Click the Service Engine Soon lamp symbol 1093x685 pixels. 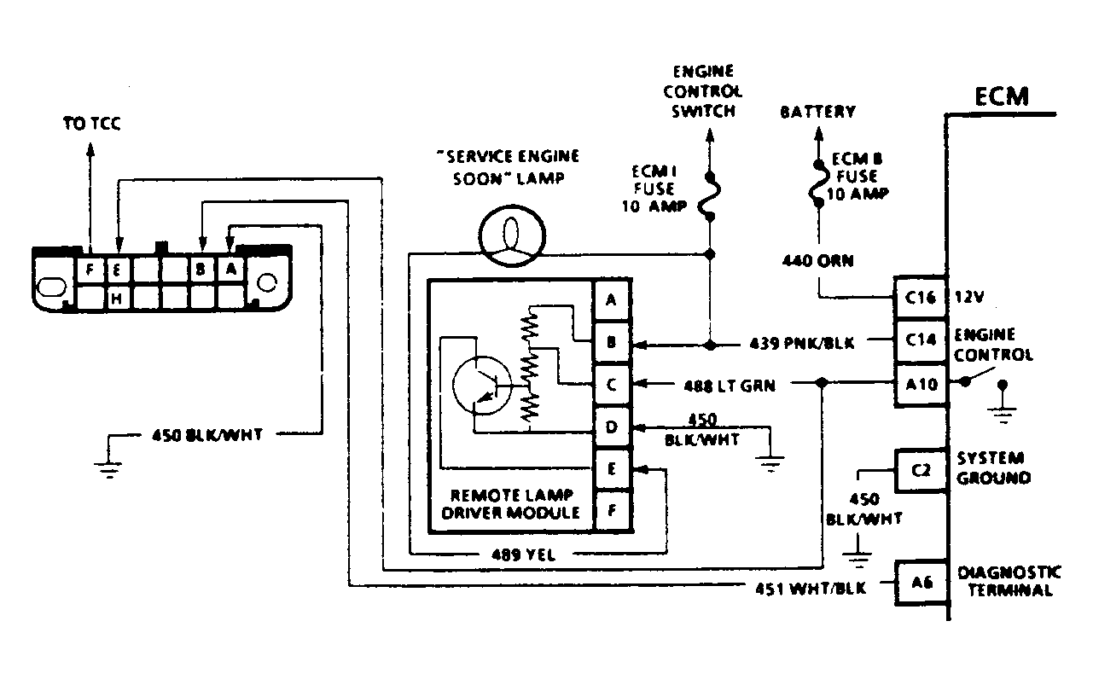(x=512, y=236)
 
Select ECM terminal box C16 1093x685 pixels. (x=921, y=297)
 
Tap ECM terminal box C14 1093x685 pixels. (x=921, y=340)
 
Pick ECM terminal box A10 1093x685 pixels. (x=921, y=385)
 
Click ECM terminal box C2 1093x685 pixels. (x=921, y=470)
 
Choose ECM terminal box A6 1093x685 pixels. (x=921, y=583)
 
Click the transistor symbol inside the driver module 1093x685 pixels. (x=481, y=386)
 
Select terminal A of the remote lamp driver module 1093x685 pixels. (x=612, y=299)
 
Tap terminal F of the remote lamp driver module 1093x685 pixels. (x=612, y=510)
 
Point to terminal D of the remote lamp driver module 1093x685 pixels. (x=612, y=427)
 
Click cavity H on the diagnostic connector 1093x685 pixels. (x=117, y=298)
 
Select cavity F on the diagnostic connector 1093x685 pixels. (x=90, y=270)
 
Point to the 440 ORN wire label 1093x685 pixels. (x=817, y=261)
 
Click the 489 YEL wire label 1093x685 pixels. (x=523, y=554)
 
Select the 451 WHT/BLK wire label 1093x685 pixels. (x=811, y=589)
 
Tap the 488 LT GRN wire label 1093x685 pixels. (x=730, y=386)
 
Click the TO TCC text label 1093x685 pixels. (x=92, y=124)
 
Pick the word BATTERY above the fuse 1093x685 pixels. (x=817, y=112)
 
